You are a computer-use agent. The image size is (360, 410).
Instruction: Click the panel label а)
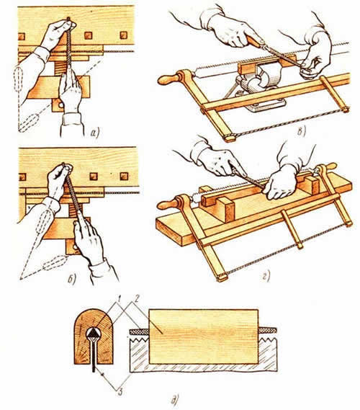[94, 133]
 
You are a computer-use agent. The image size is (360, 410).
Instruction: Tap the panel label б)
[71, 280]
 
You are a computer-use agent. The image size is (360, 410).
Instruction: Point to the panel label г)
[266, 277]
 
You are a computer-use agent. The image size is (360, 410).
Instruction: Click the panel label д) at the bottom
[175, 399]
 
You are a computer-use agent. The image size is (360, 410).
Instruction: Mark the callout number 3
[120, 392]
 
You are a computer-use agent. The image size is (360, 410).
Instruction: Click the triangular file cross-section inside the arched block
[92, 333]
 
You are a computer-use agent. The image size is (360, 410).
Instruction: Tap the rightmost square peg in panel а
[123, 35]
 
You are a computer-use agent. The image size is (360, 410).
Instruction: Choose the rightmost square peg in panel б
[125, 177]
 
